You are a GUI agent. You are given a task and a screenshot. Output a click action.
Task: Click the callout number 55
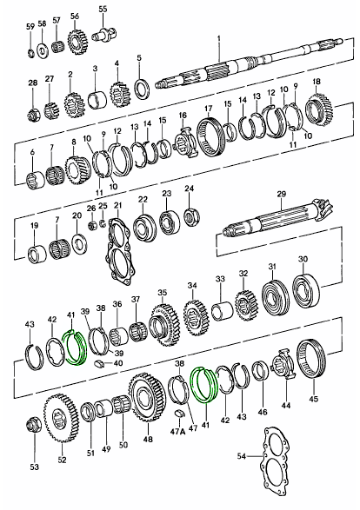[x=103, y=9]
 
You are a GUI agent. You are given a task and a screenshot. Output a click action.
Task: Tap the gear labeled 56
[x=78, y=42]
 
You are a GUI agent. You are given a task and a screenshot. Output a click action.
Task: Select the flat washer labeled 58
[x=42, y=50]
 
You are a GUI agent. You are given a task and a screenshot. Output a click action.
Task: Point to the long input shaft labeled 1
[x=249, y=63]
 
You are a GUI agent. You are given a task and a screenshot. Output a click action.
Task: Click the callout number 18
[x=317, y=81]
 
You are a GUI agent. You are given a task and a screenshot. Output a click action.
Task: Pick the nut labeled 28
[x=32, y=115]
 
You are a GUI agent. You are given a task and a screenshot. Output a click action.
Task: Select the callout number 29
[x=282, y=194]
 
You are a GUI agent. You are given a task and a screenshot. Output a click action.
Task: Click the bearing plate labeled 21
[x=120, y=250]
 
